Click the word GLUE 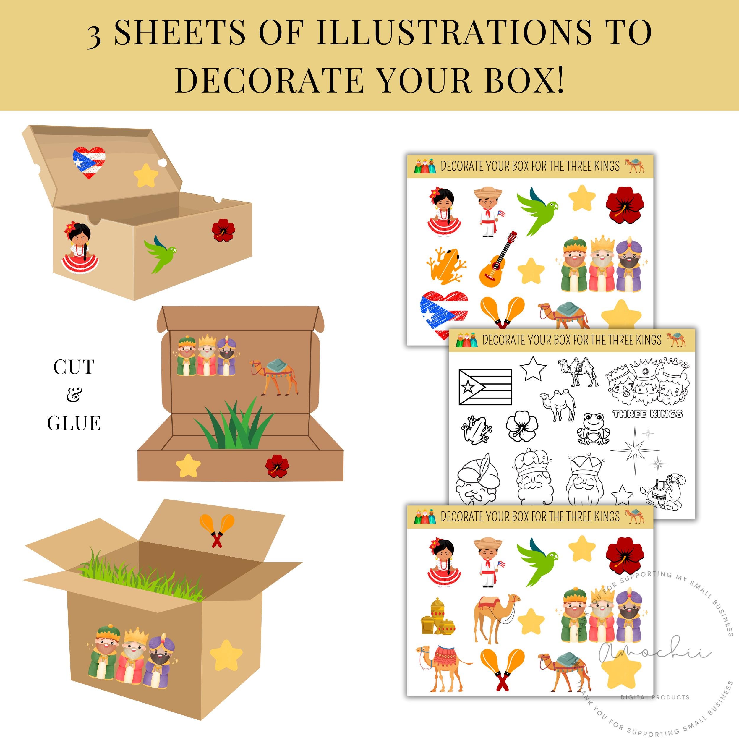click(74, 423)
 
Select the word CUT click(74, 367)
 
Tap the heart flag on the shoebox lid click(89, 163)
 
